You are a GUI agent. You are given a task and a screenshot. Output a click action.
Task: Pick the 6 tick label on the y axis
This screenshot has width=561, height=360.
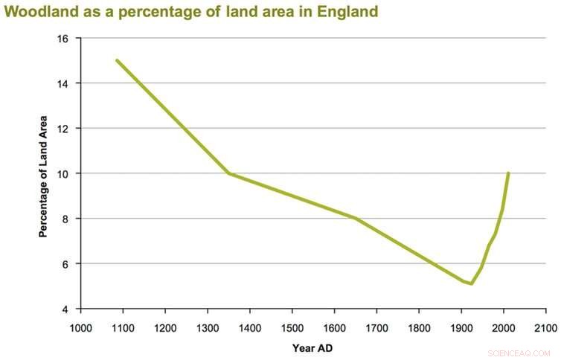coord(67,264)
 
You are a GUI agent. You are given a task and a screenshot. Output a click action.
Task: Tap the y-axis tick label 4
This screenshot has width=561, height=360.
coord(67,309)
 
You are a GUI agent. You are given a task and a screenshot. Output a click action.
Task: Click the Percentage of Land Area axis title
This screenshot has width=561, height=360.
coord(43,176)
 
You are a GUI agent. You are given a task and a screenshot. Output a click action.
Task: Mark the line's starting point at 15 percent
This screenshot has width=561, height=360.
coord(117,60)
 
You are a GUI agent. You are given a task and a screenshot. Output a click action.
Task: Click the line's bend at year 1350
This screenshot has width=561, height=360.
coord(229,173)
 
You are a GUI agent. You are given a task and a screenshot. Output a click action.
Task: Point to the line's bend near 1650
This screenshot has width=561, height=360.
coord(356,218)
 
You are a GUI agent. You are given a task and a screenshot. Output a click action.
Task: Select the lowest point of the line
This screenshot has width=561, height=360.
coord(471,283)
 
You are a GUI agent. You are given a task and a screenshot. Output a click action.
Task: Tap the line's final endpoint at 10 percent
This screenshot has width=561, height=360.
coord(508,173)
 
